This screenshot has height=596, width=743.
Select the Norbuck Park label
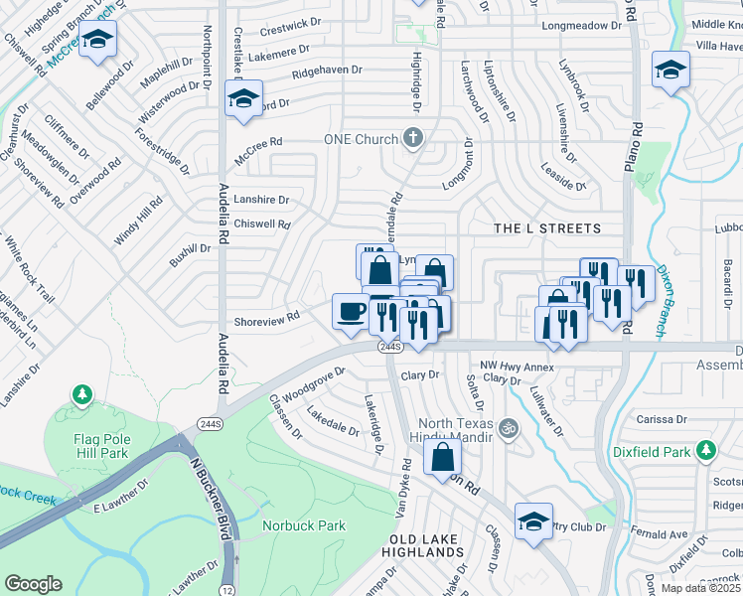click(303, 525)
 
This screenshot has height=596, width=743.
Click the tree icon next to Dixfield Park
click(706, 452)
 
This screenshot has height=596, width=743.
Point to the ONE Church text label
click(361, 140)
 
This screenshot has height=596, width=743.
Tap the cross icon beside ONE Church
click(415, 139)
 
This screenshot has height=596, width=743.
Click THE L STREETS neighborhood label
click(548, 228)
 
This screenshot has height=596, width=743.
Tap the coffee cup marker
click(348, 311)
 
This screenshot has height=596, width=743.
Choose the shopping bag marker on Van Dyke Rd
click(442, 458)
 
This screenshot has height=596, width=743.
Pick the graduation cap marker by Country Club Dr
click(533, 521)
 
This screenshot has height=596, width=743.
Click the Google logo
click(33, 584)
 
